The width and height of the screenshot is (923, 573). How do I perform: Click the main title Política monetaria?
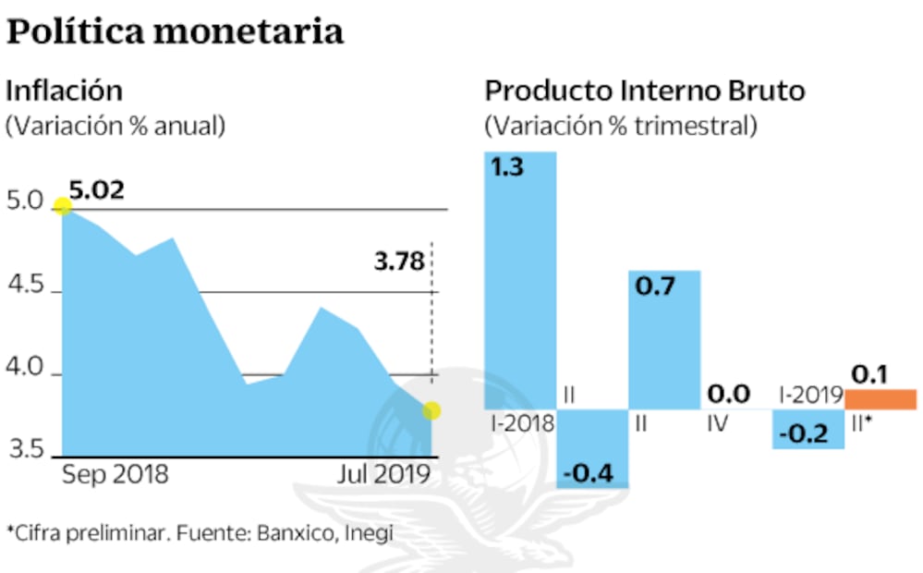point(176,31)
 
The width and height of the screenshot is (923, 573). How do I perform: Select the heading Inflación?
point(65,91)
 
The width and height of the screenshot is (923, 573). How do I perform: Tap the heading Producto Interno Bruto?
point(645,91)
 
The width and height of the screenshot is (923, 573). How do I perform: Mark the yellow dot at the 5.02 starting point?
point(63,206)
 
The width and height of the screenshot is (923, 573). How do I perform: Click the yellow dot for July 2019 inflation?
point(431,409)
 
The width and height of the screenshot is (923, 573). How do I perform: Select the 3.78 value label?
point(399,262)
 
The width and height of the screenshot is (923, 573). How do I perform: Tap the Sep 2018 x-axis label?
point(115,475)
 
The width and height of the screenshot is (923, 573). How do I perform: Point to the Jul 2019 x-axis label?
point(384,475)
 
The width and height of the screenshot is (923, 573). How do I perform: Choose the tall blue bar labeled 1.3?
point(520,277)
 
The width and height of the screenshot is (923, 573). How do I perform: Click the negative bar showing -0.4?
point(593,448)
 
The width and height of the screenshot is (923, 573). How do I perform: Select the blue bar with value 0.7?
point(664,338)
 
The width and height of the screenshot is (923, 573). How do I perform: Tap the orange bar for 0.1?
point(880,399)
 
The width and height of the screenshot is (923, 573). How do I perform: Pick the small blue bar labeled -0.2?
point(808,429)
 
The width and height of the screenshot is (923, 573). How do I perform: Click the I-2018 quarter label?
point(522,424)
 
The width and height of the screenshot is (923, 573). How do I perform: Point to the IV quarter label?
point(716,424)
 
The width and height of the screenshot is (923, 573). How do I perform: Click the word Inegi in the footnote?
point(370,533)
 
